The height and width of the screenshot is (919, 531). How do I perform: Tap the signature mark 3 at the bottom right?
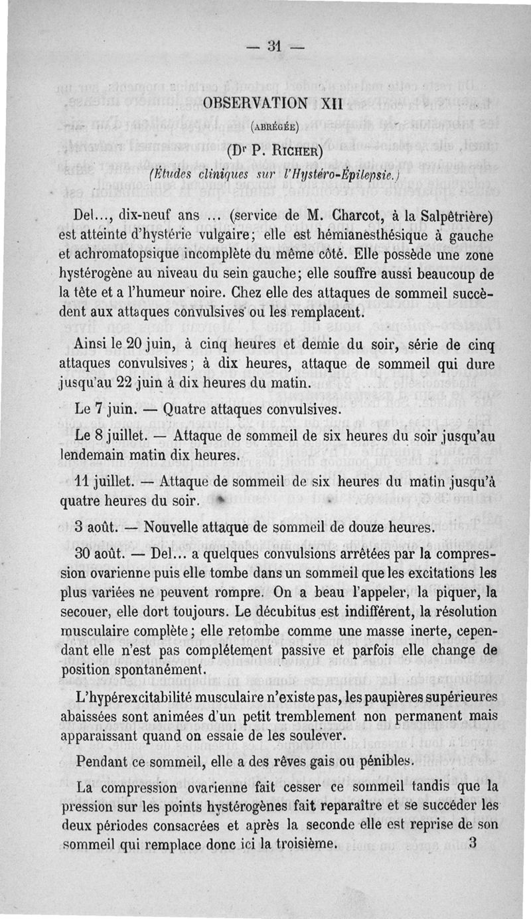point(473,845)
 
